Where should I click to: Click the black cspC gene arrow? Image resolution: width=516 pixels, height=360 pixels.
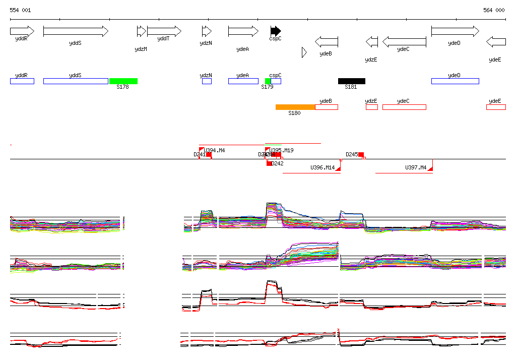point(276,31)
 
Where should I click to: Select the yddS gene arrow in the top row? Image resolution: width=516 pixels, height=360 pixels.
point(76,31)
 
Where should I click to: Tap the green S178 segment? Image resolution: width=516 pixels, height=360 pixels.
point(123,81)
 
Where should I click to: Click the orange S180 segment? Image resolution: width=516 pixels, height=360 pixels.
point(295,107)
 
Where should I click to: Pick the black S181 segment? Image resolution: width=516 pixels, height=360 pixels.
point(352,81)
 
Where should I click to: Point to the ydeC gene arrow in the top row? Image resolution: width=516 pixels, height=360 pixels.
point(404,42)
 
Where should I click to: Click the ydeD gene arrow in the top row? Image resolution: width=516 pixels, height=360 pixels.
point(455,31)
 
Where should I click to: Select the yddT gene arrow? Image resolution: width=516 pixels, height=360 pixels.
point(164,31)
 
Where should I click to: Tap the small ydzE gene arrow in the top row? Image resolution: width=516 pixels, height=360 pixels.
point(372,42)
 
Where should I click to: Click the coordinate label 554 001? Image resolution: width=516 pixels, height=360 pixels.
point(20,10)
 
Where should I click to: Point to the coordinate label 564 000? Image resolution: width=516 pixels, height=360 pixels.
point(494,10)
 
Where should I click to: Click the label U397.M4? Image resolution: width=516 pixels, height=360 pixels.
point(416,167)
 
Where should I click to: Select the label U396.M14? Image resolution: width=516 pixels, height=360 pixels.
point(322,167)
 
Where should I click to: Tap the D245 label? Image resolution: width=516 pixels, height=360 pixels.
point(352,154)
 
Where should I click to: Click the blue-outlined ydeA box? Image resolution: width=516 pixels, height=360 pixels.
point(243,81)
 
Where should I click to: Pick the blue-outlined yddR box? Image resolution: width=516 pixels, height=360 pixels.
point(22,81)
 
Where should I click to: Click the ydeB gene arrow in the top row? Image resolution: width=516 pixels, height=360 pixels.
point(327,42)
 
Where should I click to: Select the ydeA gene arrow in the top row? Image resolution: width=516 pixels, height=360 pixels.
point(243,31)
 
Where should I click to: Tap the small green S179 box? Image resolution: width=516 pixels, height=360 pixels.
point(268,81)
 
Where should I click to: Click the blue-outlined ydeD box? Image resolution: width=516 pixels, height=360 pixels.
point(455,81)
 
